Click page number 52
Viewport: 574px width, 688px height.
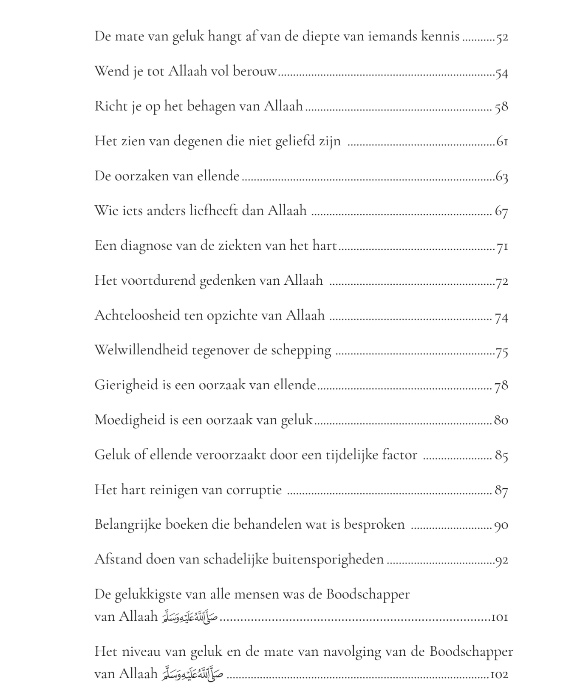tap(502, 37)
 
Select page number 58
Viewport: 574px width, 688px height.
tap(501, 107)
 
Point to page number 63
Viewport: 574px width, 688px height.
tap(502, 176)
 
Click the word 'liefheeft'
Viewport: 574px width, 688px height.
tap(213, 211)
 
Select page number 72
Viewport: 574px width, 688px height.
tap(502, 281)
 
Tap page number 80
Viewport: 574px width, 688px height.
tap(501, 420)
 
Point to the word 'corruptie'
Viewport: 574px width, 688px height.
tap(254, 490)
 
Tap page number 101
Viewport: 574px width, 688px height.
tap(500, 617)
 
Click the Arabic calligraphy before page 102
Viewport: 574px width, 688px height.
tap(192, 674)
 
